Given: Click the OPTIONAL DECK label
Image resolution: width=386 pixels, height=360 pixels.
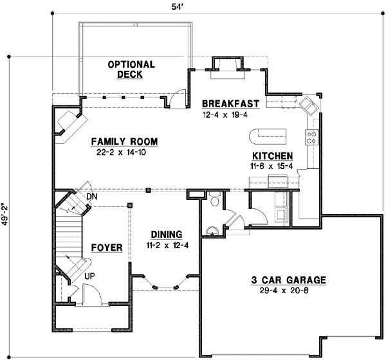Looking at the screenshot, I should [131, 69].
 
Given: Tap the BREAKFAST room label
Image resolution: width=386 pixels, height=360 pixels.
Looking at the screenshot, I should [230, 104].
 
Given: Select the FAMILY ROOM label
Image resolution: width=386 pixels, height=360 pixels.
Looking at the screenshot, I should [124, 142].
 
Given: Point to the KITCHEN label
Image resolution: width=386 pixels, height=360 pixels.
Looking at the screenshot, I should [273, 156].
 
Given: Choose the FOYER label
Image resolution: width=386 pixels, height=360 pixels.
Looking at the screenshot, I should [106, 247].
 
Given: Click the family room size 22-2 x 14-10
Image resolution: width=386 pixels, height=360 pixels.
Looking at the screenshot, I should [124, 153].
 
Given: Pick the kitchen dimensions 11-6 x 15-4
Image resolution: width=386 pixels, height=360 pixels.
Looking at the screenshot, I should [273, 166].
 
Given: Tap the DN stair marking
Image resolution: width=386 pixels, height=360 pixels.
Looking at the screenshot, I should [92, 196].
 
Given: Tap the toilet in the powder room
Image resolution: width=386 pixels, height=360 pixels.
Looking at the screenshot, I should [216, 201].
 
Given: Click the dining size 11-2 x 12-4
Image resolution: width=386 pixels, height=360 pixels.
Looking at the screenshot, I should [167, 245].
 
